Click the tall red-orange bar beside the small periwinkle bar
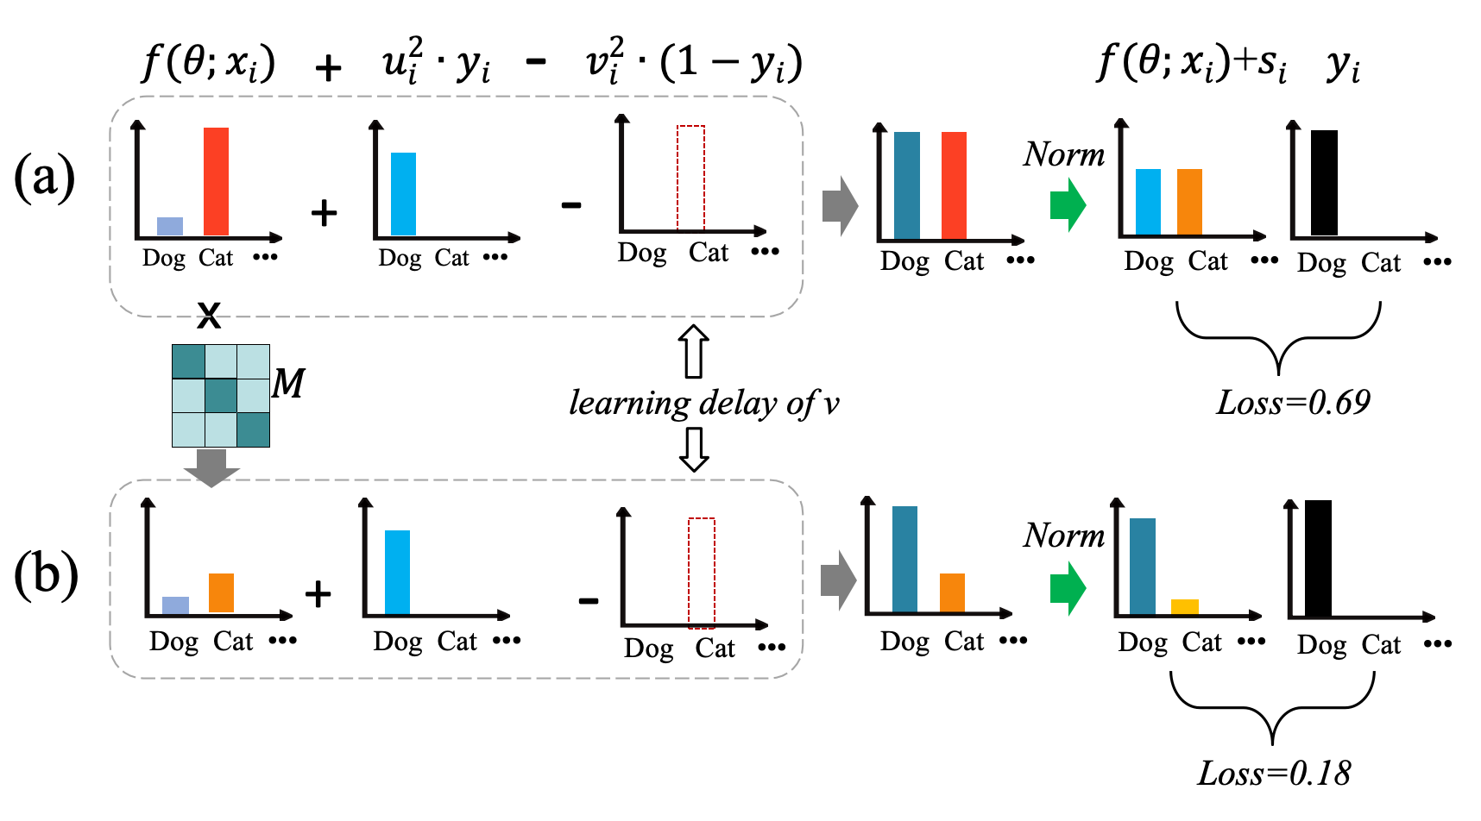[216, 181]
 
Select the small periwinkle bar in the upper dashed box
[170, 226]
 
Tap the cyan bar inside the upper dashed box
[403, 193]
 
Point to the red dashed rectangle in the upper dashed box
[690, 178]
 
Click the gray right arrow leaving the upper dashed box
[840, 206]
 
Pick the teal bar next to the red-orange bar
[906, 185]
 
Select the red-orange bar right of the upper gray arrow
[954, 185]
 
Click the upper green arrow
[1068, 204]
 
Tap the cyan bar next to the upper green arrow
[1148, 201]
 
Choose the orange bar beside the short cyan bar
[1189, 201]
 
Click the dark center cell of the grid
[221, 396]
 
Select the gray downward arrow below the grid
[211, 467]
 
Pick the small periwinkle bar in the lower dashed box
[175, 605]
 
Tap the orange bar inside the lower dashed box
[221, 592]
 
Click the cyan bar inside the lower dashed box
[397, 572]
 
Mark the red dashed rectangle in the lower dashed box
[702, 573]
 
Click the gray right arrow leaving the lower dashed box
[838, 580]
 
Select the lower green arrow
[1068, 588]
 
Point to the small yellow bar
[1184, 606]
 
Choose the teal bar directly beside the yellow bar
[1142, 566]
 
